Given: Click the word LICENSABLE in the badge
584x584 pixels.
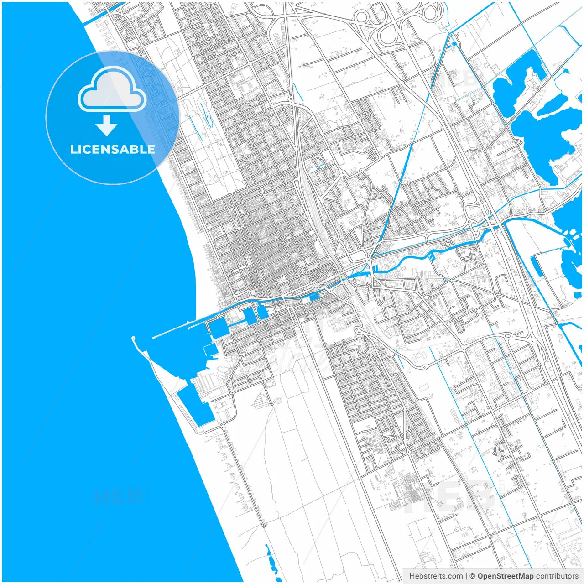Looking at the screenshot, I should coord(112,149).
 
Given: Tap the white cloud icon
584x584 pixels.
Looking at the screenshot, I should coord(112,90).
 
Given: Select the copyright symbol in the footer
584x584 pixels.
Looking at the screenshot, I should coord(473,576).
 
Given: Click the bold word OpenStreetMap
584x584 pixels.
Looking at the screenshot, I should coord(506,576).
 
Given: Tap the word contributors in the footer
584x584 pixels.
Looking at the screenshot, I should coord(557,576).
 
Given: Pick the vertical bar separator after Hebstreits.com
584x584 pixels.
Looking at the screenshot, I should coord(466,576).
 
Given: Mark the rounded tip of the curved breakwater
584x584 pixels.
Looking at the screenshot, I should coord(134,339).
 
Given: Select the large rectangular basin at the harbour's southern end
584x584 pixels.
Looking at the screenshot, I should coord(196,404).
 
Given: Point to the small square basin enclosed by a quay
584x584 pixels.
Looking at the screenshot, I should coord(209,349).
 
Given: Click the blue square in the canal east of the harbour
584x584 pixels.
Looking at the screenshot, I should coord(314,297).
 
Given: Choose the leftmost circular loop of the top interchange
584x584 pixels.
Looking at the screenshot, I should coord(362,19).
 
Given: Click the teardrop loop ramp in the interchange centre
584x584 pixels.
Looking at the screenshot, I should coord(389,34).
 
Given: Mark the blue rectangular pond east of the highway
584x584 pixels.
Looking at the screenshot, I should coord(537,266).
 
